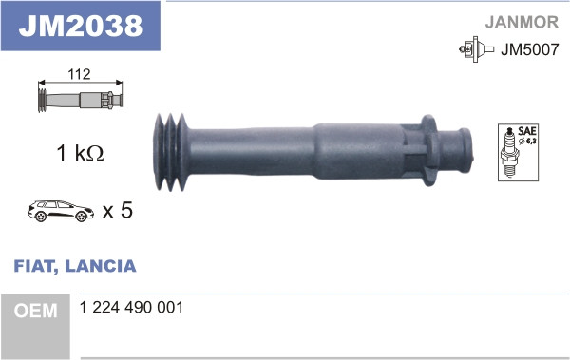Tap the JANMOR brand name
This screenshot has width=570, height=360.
click(x=523, y=20)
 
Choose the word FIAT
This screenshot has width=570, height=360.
click(x=35, y=266)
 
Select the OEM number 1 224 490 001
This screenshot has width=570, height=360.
click(x=132, y=309)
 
